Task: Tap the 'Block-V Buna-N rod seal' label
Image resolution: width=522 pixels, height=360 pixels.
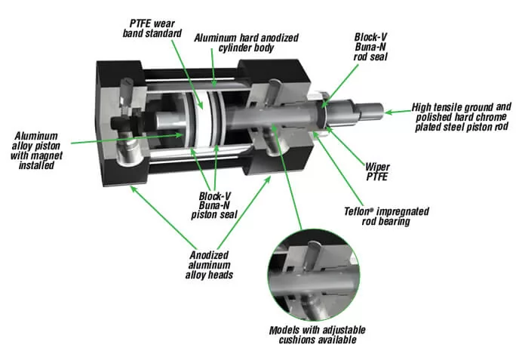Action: (x=372, y=45)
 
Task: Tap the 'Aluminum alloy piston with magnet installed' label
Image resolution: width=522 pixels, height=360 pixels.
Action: (x=35, y=149)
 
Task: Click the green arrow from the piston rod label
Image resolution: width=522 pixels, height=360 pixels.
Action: (x=396, y=112)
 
